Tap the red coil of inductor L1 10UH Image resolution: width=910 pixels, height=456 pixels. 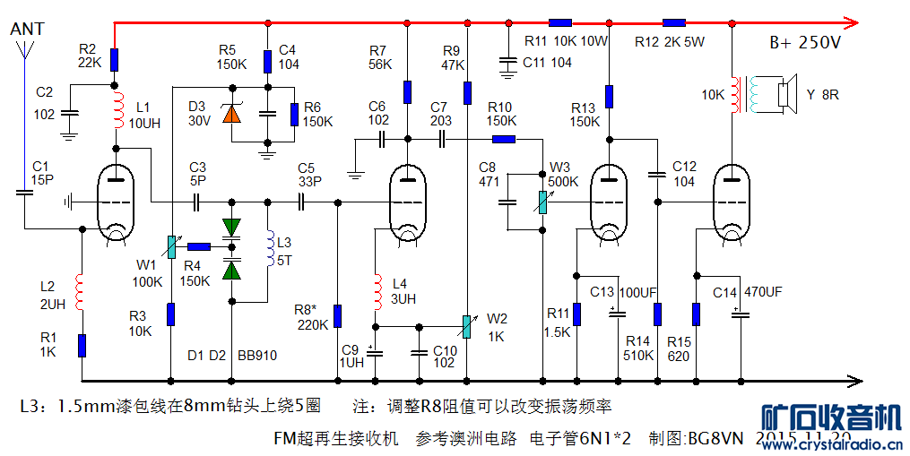pos(116,112)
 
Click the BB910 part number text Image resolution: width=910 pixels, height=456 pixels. pos(257,356)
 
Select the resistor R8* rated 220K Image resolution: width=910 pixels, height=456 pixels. pos(338,315)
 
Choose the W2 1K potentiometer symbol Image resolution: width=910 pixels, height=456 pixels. pos(466,327)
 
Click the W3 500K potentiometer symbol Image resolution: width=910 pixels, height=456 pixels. pos(542,203)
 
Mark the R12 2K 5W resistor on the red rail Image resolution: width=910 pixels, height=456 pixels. pos(674,23)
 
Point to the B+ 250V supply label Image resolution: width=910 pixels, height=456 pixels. pos(805,43)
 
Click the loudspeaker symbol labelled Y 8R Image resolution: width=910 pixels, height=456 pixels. pos(786,94)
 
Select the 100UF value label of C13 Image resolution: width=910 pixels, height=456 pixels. pos(638,292)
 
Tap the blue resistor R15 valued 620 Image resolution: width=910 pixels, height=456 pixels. pos(696,314)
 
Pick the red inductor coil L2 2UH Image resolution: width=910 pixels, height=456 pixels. pos(82,292)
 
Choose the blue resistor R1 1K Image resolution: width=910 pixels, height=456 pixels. pos(82,344)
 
